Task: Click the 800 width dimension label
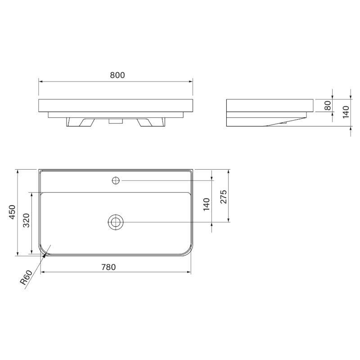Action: tap(117, 75)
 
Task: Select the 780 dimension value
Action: tap(108, 267)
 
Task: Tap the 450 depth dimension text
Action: tap(12, 211)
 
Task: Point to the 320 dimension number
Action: tap(27, 220)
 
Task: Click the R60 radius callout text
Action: tap(26, 277)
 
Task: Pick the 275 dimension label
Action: tap(223, 197)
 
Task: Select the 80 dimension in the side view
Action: tap(328, 106)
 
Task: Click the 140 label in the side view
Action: tap(346, 112)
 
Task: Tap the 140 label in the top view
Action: tap(207, 204)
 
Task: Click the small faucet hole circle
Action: tap(116, 181)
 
